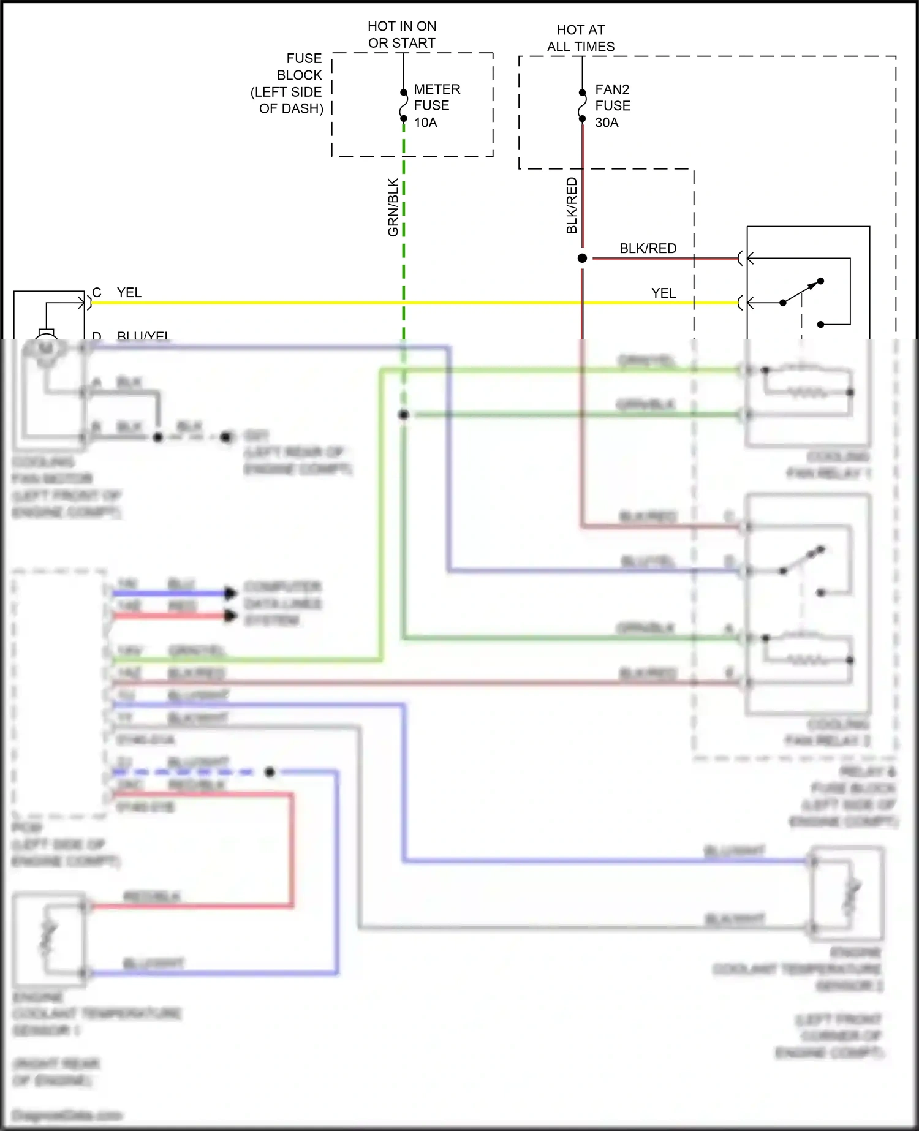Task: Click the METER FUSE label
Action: tap(436, 97)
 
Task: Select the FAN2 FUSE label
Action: tap(612, 97)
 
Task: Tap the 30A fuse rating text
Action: tap(607, 123)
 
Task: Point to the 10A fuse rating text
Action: tap(425, 123)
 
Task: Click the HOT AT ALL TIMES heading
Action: tap(580, 38)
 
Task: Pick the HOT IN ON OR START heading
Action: tap(402, 34)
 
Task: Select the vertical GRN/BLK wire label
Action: tap(393, 207)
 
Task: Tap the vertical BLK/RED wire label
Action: tap(572, 205)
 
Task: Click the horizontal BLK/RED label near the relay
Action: tap(648, 248)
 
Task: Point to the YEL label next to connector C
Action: tap(129, 292)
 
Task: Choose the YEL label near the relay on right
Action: tap(663, 293)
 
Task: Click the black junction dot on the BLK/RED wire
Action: tap(582, 259)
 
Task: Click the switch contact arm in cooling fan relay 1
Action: tap(802, 292)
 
